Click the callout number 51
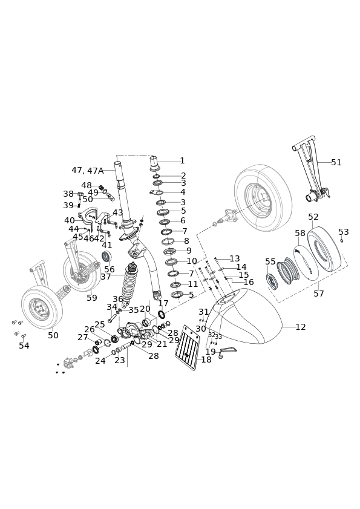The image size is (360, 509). pos(336,162)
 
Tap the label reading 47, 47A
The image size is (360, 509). pos(87,171)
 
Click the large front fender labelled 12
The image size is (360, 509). pos(244,316)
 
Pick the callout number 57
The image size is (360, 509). pos(319,294)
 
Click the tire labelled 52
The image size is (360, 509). pos(324,248)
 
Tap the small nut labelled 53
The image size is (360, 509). pos(342,240)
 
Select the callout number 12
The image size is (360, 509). pos(301,327)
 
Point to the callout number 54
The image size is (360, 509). pos(24,346)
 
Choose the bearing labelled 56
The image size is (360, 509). pos(107,257)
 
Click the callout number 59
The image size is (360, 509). pos(92,298)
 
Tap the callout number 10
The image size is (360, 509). pos(192,261)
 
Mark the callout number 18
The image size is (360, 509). pos(206,360)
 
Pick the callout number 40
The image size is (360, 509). pos(70,221)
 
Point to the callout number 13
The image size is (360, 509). pos(235,258)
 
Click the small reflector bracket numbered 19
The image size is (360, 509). pos(227,351)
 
